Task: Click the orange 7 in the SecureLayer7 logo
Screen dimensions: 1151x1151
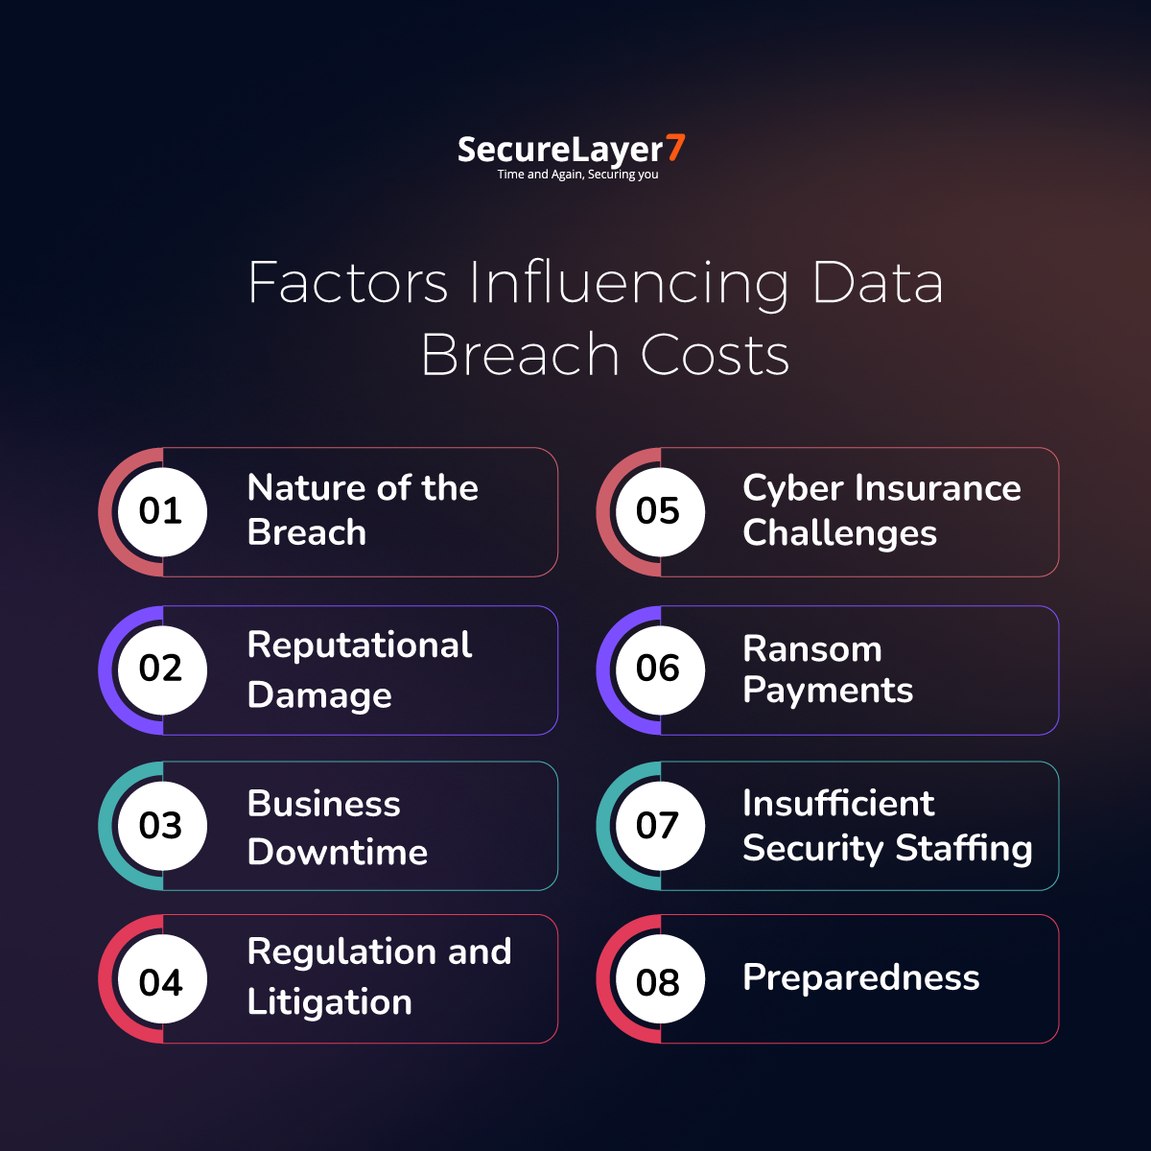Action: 675,148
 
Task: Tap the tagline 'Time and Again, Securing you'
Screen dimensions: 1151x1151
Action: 577,175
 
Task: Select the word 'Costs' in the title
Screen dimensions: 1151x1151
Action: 715,355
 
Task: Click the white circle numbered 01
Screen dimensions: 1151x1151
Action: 162,512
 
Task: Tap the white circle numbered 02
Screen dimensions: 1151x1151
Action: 162,670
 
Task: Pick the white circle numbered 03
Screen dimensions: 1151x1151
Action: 162,826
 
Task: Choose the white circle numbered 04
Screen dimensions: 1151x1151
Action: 162,979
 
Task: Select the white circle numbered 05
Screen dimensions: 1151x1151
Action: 660,512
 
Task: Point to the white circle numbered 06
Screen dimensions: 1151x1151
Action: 660,670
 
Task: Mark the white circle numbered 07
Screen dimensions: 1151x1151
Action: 660,826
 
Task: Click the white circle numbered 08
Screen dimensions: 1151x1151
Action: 660,979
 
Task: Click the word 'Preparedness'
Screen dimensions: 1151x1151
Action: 860,978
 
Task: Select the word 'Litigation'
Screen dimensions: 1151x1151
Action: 330,1001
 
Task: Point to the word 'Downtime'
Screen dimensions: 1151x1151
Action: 338,851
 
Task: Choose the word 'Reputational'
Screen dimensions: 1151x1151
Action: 360,646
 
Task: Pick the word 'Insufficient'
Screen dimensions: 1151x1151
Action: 838,803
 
